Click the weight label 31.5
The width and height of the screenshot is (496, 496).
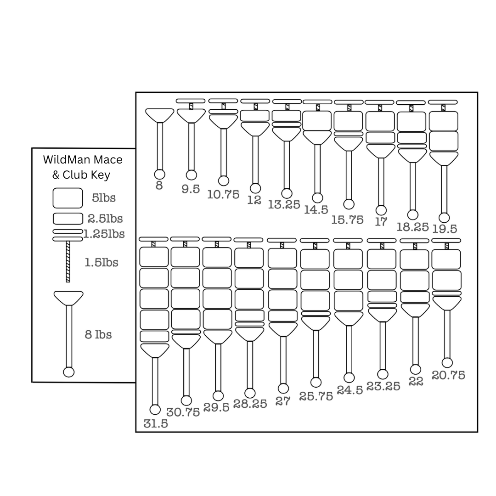[156, 424]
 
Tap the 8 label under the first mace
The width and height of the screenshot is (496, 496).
[159, 186]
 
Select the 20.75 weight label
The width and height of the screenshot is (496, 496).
[448, 375]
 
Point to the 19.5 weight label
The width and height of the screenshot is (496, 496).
[445, 229]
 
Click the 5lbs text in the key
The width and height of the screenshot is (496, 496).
[103, 198]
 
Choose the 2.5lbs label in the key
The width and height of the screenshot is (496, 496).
[105, 219]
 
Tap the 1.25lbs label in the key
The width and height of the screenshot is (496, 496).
[104, 234]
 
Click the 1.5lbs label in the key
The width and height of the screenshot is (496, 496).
[101, 263]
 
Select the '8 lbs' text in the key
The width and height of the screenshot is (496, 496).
[98, 334]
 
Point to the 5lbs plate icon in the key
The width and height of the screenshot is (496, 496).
[68, 198]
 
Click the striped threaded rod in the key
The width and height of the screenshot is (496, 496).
[68, 261]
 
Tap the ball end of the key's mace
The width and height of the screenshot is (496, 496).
[68, 372]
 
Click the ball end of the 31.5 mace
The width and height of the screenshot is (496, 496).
[155, 410]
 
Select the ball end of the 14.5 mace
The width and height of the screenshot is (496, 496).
[317, 198]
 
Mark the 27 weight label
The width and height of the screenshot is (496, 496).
[283, 401]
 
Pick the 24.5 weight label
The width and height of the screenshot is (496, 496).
[349, 390]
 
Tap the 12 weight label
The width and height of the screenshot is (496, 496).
[254, 200]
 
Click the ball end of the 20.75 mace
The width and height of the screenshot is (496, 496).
[447, 363]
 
